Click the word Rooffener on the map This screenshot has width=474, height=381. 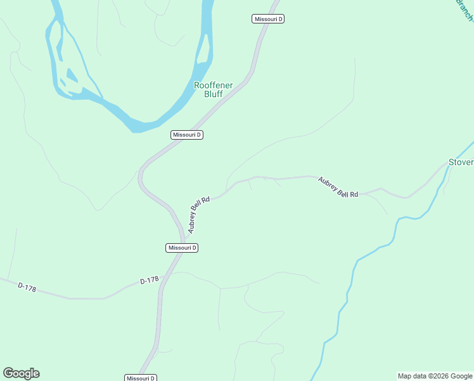point(213,85)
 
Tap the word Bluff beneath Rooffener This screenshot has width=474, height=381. point(213,94)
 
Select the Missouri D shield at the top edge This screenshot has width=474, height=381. point(268,19)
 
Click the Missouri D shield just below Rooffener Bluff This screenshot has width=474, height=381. point(187,135)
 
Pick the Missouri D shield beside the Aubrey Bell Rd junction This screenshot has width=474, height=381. point(182,248)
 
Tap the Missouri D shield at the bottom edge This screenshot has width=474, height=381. point(141,378)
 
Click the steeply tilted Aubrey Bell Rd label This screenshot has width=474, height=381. point(198,214)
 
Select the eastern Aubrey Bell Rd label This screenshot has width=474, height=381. point(338,187)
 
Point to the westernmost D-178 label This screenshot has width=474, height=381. point(27,288)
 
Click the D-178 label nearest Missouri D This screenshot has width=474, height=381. point(149,280)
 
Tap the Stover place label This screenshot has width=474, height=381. point(461,162)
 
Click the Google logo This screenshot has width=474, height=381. point(21,373)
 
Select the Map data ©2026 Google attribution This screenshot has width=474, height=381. point(435,376)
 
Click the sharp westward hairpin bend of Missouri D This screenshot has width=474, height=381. point(141,176)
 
